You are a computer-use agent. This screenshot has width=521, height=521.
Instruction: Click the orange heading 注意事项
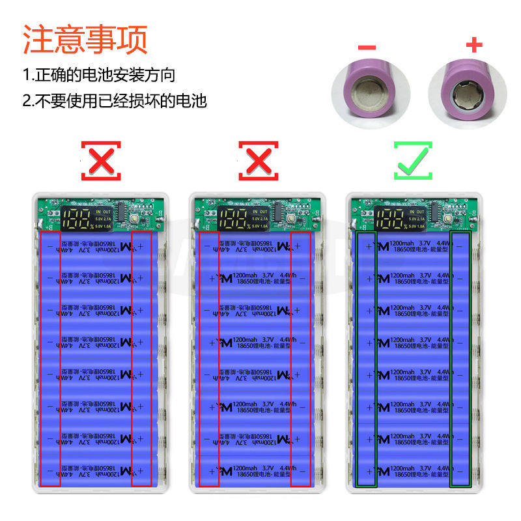pyautogui.click(x=85, y=39)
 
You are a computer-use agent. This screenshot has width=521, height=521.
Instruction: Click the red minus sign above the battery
pyautogui.click(x=367, y=46)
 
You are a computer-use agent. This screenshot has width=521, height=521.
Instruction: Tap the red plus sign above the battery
pyautogui.click(x=475, y=45)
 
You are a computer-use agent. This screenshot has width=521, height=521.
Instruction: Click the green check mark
pyautogui.click(x=413, y=160)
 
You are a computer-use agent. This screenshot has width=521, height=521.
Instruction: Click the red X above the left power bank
pyautogui.click(x=100, y=160)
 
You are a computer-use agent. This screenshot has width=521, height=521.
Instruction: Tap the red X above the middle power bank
pyautogui.click(x=258, y=160)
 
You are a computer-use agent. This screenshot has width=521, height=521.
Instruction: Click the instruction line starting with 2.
pyautogui.click(x=115, y=101)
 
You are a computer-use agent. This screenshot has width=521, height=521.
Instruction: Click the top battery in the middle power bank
pyautogui.click(x=256, y=246)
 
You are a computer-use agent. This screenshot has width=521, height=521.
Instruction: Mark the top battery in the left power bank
pyautogui.click(x=98, y=246)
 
